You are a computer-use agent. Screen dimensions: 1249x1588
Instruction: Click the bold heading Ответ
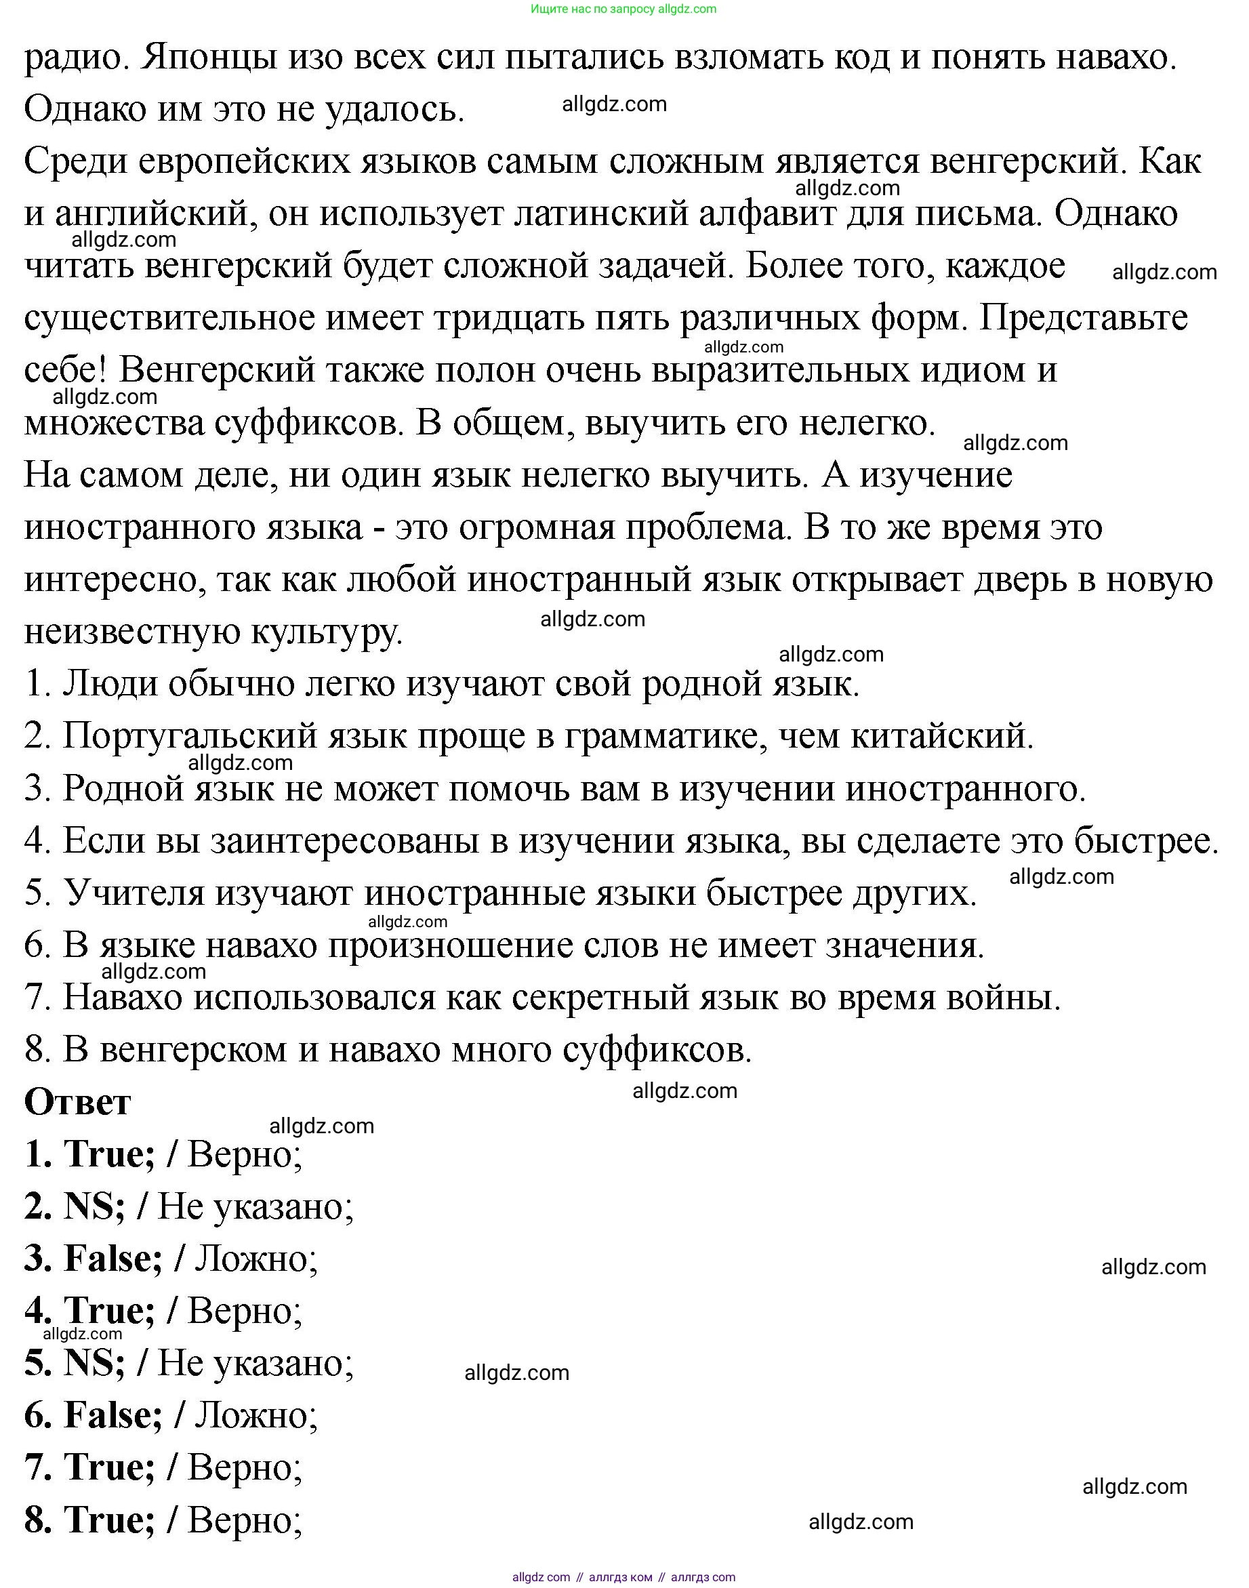(x=77, y=1102)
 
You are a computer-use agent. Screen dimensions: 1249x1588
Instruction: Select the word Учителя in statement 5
(x=134, y=893)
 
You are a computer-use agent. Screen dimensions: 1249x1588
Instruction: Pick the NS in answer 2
(x=92, y=1206)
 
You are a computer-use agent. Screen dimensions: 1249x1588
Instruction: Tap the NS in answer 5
(x=92, y=1363)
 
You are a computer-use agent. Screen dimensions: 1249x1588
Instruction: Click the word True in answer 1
(x=108, y=1154)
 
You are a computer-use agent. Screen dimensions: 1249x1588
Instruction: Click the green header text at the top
(x=623, y=9)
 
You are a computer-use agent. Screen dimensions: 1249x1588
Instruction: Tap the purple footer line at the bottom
(x=623, y=1577)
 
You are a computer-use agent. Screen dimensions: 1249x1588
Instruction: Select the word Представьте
(x=1083, y=318)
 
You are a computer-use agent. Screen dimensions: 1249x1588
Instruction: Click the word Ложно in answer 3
(x=255, y=1259)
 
